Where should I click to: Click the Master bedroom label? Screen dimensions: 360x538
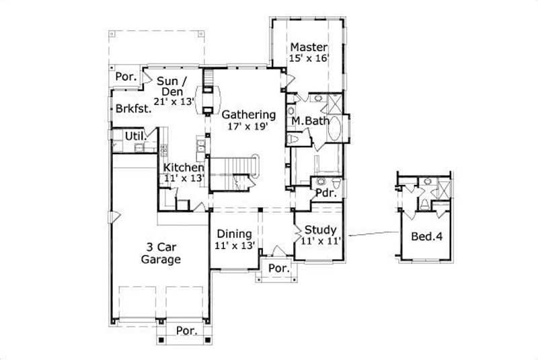[309, 48]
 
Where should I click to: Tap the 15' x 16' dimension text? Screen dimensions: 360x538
[309, 59]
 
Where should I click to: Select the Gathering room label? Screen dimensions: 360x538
[249, 114]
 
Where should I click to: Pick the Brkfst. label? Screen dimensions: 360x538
[132, 110]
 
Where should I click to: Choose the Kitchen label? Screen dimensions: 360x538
[184, 167]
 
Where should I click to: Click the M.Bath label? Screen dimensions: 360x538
[309, 121]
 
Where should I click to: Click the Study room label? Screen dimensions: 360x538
[320, 228]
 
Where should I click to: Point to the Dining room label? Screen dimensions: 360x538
[233, 233]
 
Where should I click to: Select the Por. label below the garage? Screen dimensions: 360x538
[186, 330]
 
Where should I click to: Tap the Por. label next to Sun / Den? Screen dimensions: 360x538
[126, 77]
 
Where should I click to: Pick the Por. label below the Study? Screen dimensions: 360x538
[278, 268]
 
